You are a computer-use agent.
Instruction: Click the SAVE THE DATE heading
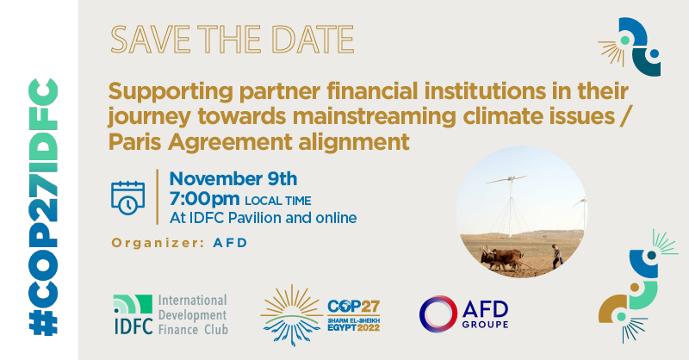click(x=233, y=38)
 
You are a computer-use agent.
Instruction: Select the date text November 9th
click(x=233, y=178)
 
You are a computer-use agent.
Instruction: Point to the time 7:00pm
click(x=205, y=199)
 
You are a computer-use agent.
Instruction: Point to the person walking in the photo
click(x=556, y=255)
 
